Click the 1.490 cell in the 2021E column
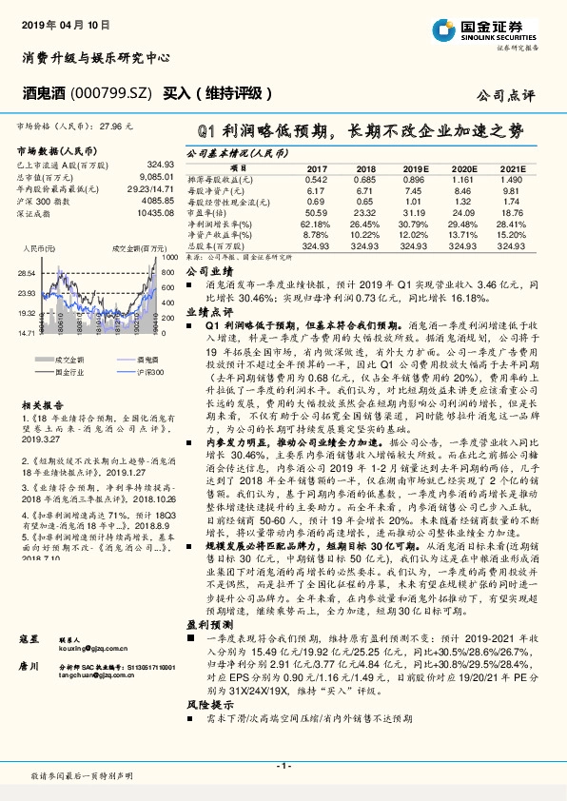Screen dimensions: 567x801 click(x=512, y=179)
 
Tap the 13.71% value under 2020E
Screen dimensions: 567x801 click(x=461, y=234)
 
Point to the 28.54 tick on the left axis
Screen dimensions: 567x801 click(x=26, y=272)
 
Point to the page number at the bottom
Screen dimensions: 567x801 click(x=283, y=766)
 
